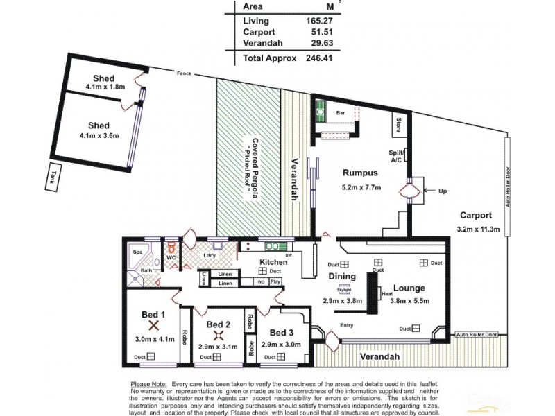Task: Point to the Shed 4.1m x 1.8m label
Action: (103, 83)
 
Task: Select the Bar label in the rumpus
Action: (341, 112)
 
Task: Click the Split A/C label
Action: (396, 156)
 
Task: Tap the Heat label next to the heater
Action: (386, 295)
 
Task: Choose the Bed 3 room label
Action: (282, 331)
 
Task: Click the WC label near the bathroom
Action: (171, 257)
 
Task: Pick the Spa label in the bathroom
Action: (137, 253)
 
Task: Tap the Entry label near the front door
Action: (347, 324)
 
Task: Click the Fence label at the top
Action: (184, 73)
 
